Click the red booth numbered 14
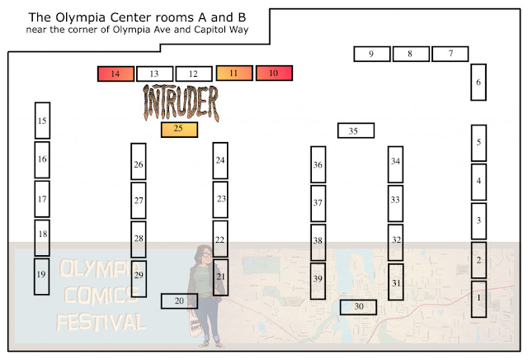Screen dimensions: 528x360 coord(115,74)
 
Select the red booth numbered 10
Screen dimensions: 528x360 coord(274,73)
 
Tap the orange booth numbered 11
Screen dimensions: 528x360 coord(234,73)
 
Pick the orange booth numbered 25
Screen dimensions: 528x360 coord(179,129)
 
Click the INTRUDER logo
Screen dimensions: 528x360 coord(181,102)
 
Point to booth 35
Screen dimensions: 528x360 coord(356,130)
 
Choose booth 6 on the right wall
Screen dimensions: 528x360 coord(478,82)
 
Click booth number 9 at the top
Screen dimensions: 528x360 coord(371,54)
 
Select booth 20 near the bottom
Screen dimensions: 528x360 coord(179,301)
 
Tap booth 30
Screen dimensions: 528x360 coord(358,306)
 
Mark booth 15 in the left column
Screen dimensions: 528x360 coord(42,121)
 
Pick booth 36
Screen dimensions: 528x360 coord(318,164)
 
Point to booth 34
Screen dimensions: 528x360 coord(395,163)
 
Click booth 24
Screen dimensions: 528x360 coord(220,160)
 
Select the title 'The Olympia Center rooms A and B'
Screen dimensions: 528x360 coord(127,17)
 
